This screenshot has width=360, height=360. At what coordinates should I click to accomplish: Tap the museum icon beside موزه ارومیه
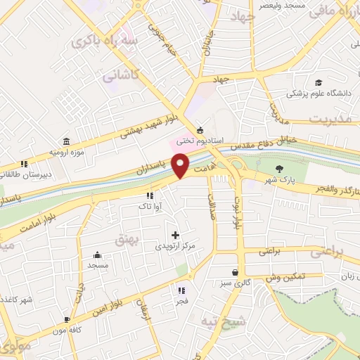pos(66,141)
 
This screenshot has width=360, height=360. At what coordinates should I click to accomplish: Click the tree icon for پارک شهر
pos(281,168)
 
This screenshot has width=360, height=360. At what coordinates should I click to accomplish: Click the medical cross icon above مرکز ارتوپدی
pos(175,235)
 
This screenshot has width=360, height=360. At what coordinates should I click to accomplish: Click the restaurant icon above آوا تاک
pos(149,195)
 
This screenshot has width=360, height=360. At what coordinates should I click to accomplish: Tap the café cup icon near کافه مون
pos(67,319)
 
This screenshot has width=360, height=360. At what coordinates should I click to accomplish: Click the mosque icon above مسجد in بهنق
pos(97,255)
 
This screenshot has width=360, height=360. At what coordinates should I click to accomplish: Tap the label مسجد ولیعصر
pos(262,5)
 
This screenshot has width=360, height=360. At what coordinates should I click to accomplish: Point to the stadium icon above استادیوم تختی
pos(200,130)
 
